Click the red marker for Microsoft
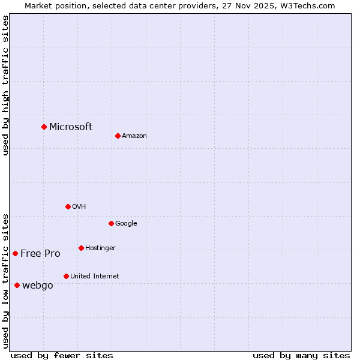[x=44, y=127]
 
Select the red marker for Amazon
[x=118, y=136]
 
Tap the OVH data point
[x=68, y=206]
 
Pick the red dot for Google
[x=111, y=223]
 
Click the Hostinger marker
[x=81, y=248]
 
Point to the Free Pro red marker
[x=15, y=253]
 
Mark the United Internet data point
[x=66, y=276]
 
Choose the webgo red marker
[x=17, y=285]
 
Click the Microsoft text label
[x=71, y=127]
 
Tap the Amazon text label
[x=134, y=136]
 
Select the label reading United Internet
[x=95, y=277]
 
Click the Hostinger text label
[x=100, y=248]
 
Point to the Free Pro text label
[x=40, y=253]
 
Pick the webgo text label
[x=38, y=286]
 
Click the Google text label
[x=126, y=224]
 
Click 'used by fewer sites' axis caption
[x=62, y=355]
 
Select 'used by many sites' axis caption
[x=301, y=355]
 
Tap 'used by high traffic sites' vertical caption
[x=5, y=86]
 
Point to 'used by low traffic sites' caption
[x=5, y=280]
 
